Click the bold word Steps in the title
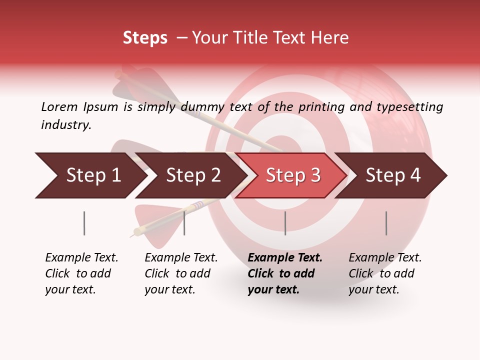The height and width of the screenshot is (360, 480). point(145,38)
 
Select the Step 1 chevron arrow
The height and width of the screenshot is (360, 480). point(90,175)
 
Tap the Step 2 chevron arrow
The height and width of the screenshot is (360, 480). point(192,175)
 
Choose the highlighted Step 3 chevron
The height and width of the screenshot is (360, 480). point(292,175)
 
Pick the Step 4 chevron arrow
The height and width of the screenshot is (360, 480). point(392,175)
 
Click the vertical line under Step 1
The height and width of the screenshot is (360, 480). point(84,223)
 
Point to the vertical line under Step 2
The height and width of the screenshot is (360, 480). point(184,223)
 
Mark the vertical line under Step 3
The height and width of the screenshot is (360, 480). point(285,223)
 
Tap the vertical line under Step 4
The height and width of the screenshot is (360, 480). point(386,223)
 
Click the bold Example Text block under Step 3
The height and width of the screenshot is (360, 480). point(284,273)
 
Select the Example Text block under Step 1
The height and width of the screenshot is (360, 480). point(81,273)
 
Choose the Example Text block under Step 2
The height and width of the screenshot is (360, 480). point(181,273)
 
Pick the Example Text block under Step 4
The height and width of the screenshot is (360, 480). point(385,273)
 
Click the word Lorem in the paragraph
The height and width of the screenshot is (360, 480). point(59,106)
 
